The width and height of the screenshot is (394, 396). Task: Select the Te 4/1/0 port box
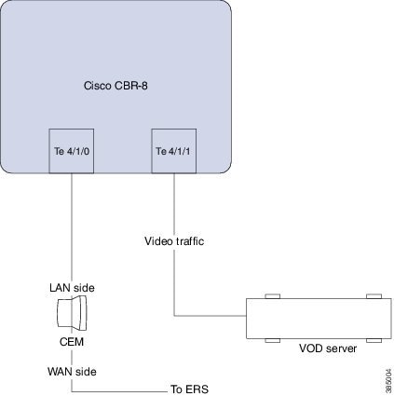point(72,150)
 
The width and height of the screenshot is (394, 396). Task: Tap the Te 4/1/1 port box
point(174,150)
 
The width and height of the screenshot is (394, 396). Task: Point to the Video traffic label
point(174,241)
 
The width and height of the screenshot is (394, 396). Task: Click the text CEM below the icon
point(72,342)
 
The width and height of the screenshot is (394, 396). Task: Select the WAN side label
point(72,370)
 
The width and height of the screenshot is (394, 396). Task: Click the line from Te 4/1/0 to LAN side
point(72,224)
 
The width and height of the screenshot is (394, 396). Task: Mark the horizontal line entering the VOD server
point(210,317)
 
